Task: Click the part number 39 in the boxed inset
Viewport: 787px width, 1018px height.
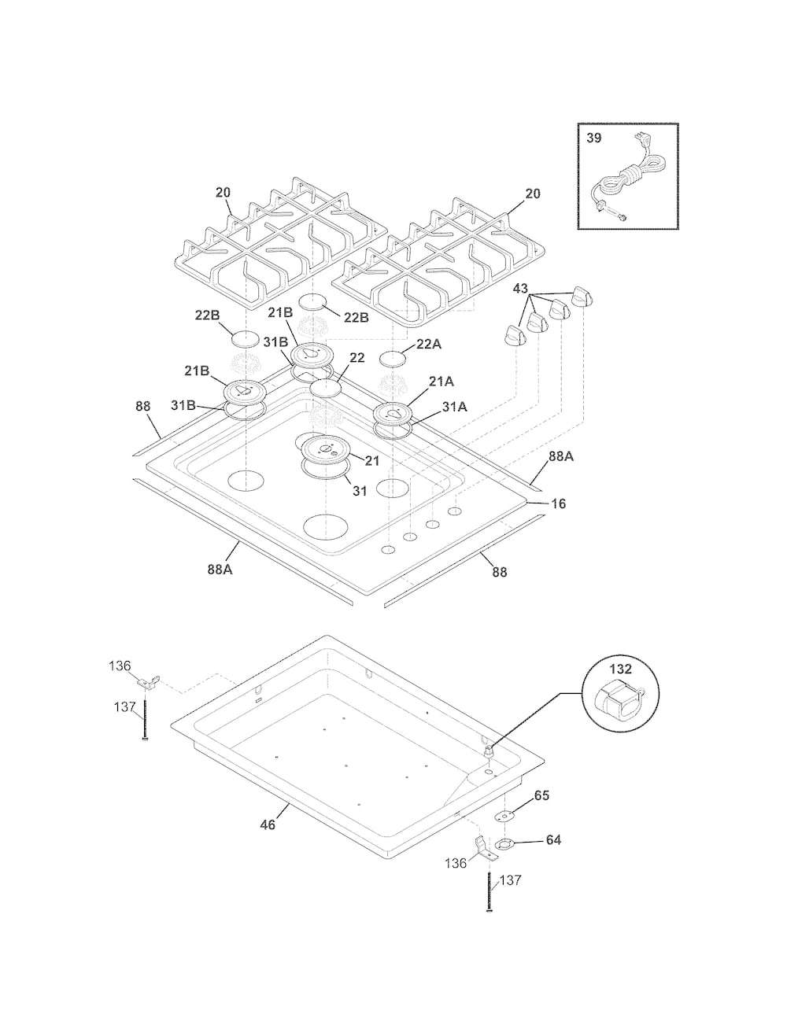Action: click(x=593, y=138)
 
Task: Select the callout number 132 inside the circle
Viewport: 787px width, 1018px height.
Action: click(x=621, y=669)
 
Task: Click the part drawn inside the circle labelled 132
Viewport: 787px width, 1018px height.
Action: click(x=619, y=699)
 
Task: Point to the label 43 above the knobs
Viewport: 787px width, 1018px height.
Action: click(x=521, y=289)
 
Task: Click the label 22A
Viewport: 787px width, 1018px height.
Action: click(x=429, y=345)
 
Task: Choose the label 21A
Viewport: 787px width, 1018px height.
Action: click(x=441, y=382)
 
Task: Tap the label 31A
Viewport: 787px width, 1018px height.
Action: click(x=454, y=407)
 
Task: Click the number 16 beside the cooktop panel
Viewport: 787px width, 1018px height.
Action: click(x=559, y=503)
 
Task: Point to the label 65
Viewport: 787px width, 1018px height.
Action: click(x=541, y=795)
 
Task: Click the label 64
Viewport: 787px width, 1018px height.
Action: click(x=553, y=839)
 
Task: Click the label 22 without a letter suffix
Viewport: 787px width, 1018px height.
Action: click(x=357, y=357)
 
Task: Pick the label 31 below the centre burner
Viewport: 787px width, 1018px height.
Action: click(x=360, y=490)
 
